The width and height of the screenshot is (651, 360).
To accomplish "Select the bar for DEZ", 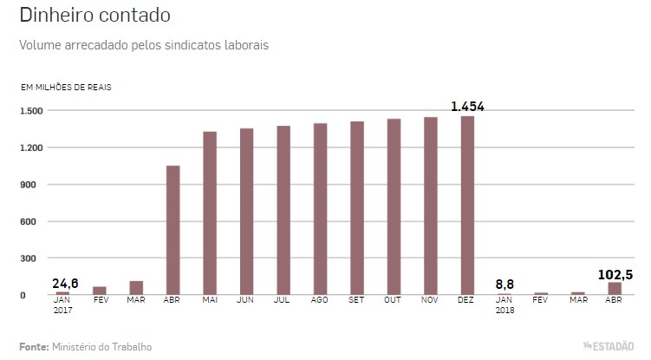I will point(468,206).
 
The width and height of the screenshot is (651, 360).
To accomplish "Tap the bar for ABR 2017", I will point(173,230).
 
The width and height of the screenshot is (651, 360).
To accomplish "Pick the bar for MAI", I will point(210,213).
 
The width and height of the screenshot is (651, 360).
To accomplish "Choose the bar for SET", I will point(357,208).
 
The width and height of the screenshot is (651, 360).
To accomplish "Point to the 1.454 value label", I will point(467,107).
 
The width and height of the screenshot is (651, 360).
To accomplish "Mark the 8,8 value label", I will point(505,283).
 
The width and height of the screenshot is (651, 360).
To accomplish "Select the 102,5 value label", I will point(615,274).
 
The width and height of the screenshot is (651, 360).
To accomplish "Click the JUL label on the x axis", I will point(283,300).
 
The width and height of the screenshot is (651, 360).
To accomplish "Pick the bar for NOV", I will point(431,206).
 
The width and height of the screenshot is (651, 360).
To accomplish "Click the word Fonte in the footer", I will point(33,346).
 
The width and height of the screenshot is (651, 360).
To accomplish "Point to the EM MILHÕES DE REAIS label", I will point(66,88).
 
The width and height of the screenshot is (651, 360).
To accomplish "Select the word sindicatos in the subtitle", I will point(182,43).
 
